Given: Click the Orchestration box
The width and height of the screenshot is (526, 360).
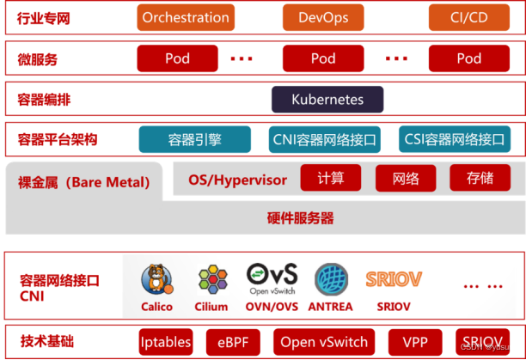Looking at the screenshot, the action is pyautogui.click(x=186, y=17).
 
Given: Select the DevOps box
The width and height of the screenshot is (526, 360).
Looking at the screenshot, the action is pyautogui.click(x=323, y=17).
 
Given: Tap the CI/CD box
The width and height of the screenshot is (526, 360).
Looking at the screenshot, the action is pyautogui.click(x=468, y=17).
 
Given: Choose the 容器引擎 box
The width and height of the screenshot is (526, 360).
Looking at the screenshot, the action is pyautogui.click(x=195, y=139).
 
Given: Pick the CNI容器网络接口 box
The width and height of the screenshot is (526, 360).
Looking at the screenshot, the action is pyautogui.click(x=324, y=139).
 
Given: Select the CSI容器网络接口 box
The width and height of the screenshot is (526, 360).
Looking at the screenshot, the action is pyautogui.click(x=455, y=139).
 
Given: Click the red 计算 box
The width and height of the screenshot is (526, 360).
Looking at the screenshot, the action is pyautogui.click(x=331, y=179).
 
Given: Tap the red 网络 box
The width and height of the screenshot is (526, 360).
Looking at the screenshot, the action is pyautogui.click(x=406, y=179).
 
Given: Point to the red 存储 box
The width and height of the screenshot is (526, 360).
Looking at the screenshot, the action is pyautogui.click(x=480, y=179).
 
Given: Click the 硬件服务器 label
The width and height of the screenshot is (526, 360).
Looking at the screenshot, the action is pyautogui.click(x=300, y=217).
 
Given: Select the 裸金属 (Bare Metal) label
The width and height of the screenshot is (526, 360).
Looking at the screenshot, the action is pyautogui.click(x=83, y=182).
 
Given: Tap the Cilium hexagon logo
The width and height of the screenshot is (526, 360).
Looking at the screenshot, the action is pyautogui.click(x=211, y=279).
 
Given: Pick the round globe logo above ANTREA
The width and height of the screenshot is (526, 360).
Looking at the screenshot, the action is pyautogui.click(x=331, y=279).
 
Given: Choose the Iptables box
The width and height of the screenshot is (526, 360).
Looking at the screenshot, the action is pyautogui.click(x=166, y=342).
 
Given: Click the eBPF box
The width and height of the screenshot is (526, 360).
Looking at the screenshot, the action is pyautogui.click(x=232, y=342).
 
